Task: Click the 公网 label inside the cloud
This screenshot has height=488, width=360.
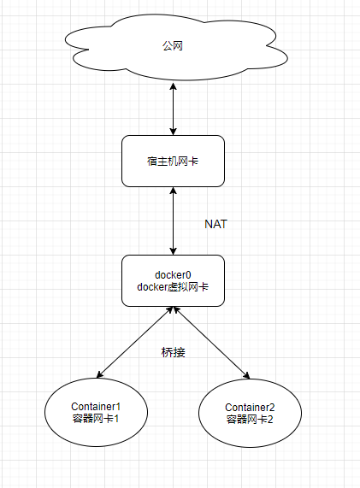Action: [172, 46]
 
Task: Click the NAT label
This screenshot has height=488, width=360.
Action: [215, 224]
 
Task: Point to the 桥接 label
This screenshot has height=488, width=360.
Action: [173, 352]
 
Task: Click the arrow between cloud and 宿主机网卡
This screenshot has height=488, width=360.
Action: [173, 109]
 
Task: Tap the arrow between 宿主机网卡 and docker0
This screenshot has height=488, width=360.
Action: [173, 221]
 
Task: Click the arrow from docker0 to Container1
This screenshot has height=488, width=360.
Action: [134, 343]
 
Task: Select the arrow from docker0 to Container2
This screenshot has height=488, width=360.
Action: [211, 343]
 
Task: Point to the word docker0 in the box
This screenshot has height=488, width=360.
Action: [173, 275]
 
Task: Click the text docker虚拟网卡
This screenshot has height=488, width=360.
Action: [173, 287]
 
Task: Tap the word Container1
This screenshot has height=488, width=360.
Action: [96, 407]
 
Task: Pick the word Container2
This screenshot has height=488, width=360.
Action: [250, 408]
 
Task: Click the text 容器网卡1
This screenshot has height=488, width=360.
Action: [96, 419]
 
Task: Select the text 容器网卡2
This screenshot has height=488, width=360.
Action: [250, 420]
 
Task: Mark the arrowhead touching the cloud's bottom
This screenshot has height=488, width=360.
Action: [173, 85]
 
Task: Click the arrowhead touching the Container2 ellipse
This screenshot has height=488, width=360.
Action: [246, 375]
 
